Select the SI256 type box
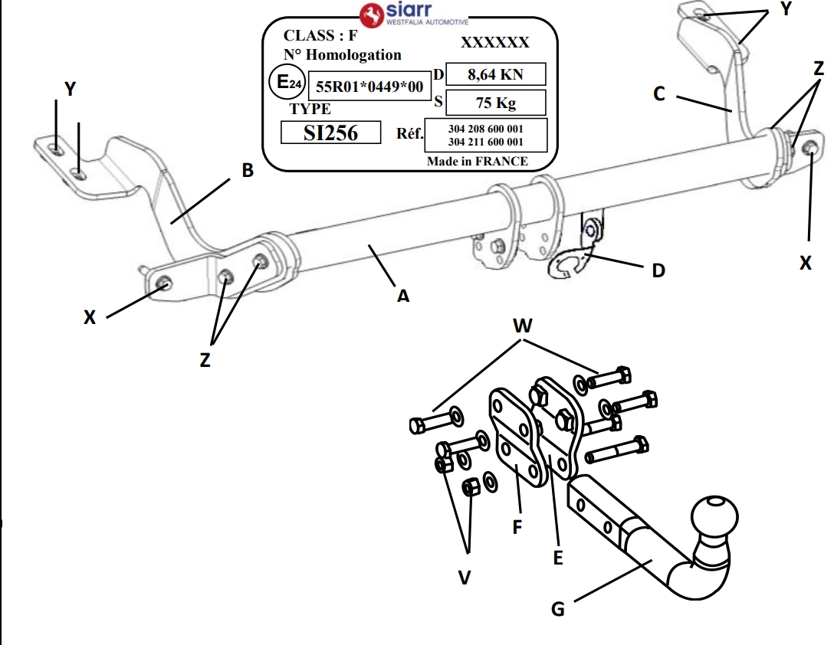click(330, 133)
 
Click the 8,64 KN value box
click(495, 74)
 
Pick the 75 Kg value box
click(495, 103)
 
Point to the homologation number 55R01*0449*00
click(369, 87)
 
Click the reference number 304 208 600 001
click(485, 129)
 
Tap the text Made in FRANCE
click(477, 161)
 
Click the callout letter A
click(402, 295)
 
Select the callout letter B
click(247, 170)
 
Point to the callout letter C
click(658, 93)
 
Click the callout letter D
click(658, 270)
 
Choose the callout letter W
click(522, 326)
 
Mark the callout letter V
click(465, 576)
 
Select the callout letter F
click(517, 527)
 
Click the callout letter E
click(558, 558)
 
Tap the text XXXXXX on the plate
click(494, 43)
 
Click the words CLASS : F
click(320, 35)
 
